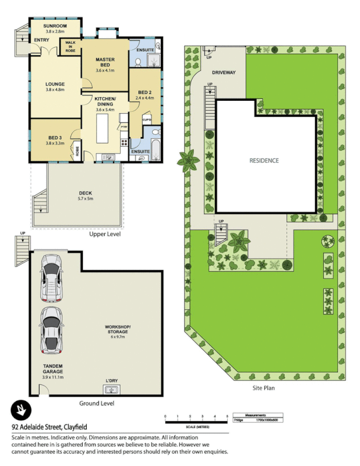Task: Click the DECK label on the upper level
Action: pos(86,193)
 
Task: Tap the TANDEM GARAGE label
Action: pos(52,368)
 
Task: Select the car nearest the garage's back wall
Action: pos(51,277)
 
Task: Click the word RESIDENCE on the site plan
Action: pos(264,161)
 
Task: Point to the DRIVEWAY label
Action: pos(224,73)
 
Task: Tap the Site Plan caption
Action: pos(263,387)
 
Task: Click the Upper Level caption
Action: pos(105,235)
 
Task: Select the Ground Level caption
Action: pos(97,403)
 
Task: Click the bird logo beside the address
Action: pos(20,411)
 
